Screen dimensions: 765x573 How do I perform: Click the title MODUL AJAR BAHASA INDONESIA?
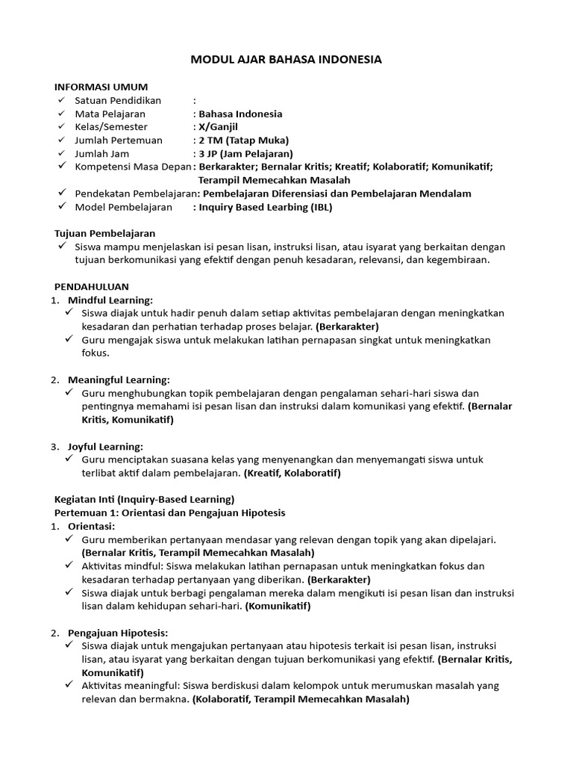[x=286, y=60]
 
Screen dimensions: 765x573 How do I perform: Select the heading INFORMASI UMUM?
[x=101, y=87]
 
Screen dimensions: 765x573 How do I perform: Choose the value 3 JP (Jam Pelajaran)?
[x=245, y=154]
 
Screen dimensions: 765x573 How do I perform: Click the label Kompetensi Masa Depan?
[x=133, y=167]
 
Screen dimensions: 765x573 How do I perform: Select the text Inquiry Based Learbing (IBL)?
[x=264, y=207]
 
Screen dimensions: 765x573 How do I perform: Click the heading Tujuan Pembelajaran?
[x=105, y=234]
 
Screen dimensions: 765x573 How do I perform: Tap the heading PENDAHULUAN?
[x=92, y=286]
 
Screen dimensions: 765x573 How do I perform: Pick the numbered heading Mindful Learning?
[x=110, y=300]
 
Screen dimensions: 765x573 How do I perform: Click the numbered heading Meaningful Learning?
[x=119, y=380]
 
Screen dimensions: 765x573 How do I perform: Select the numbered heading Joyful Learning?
[x=105, y=446]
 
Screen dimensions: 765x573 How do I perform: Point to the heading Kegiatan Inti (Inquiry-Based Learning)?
[x=145, y=499]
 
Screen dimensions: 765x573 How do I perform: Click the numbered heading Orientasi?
[x=91, y=526]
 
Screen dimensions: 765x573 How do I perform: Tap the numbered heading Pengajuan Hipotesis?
[x=118, y=632]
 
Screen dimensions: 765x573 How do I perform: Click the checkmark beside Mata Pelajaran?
[x=60, y=114]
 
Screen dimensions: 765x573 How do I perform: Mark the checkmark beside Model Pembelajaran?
[x=60, y=207]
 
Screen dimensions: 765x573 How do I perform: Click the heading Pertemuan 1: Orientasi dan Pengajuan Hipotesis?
[x=170, y=512]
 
